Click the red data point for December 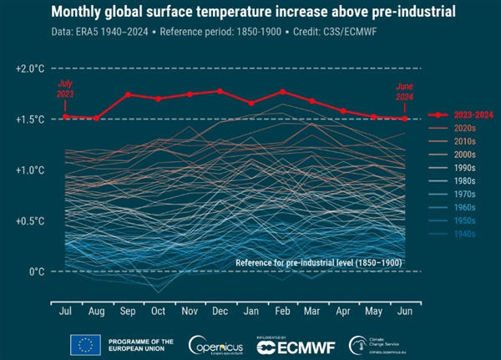pyautogui.click(x=220, y=91)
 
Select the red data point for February pyautogui.click(x=282, y=91)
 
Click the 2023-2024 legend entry pyautogui.click(x=463, y=115)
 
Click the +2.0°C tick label pyautogui.click(x=30, y=68)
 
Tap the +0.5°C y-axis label pyautogui.click(x=30, y=221)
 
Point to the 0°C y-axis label pyautogui.click(x=34, y=271)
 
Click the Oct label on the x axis pyautogui.click(x=158, y=311)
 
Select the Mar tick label pyautogui.click(x=312, y=311)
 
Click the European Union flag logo pyautogui.click(x=86, y=344)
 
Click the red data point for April pyautogui.click(x=343, y=110)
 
